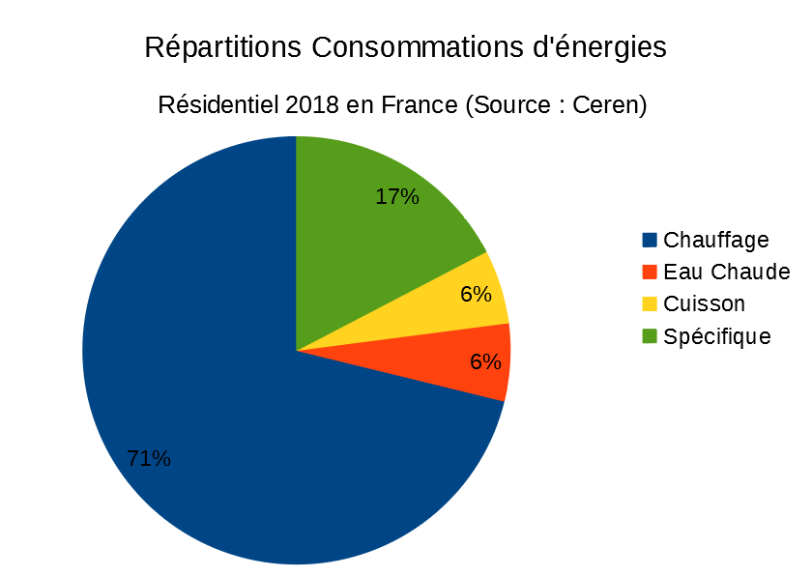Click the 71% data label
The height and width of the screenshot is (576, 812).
[x=149, y=459]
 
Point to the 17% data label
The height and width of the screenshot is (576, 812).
[x=397, y=197]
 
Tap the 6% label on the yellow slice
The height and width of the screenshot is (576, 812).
[x=477, y=294]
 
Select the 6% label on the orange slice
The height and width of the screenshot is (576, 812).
[x=485, y=362]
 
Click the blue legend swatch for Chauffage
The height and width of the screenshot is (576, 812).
[x=649, y=240]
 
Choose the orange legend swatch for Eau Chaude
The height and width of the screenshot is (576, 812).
[x=649, y=272]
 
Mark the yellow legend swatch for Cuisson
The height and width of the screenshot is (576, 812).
[x=649, y=303]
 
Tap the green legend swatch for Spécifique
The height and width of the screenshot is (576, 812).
[x=649, y=335]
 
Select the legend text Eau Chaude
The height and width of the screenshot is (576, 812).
[x=727, y=272]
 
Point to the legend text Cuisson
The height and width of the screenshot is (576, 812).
[x=705, y=303]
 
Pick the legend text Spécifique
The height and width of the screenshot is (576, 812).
[x=717, y=336]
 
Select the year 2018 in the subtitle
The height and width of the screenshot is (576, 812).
[x=312, y=104]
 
